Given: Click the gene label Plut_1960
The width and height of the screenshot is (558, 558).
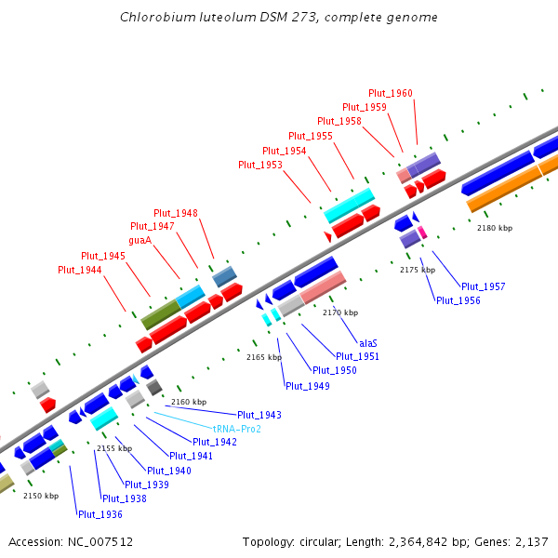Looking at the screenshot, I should point(391,93).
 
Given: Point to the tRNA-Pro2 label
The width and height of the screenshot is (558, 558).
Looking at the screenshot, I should point(237,429).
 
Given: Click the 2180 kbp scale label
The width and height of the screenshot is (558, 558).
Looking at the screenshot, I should point(495,228).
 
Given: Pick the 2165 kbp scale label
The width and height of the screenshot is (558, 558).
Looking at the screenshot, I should point(263,357).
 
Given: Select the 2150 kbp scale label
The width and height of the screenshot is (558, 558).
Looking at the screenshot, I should point(40,496).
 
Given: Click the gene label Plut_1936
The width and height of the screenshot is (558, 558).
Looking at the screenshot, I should point(100,514).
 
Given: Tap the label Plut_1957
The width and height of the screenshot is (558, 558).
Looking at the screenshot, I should point(484,286).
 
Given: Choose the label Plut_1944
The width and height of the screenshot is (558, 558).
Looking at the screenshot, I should point(80,270).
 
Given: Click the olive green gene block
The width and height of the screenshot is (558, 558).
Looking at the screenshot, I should point(160,313).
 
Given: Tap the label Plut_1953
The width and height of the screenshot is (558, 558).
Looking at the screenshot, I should point(260,165).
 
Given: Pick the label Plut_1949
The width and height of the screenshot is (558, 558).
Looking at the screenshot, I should point(308,386).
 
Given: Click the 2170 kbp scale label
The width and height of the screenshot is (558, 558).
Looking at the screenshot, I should point(339,312).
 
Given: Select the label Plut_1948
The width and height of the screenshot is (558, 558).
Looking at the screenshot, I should point(176,213).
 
